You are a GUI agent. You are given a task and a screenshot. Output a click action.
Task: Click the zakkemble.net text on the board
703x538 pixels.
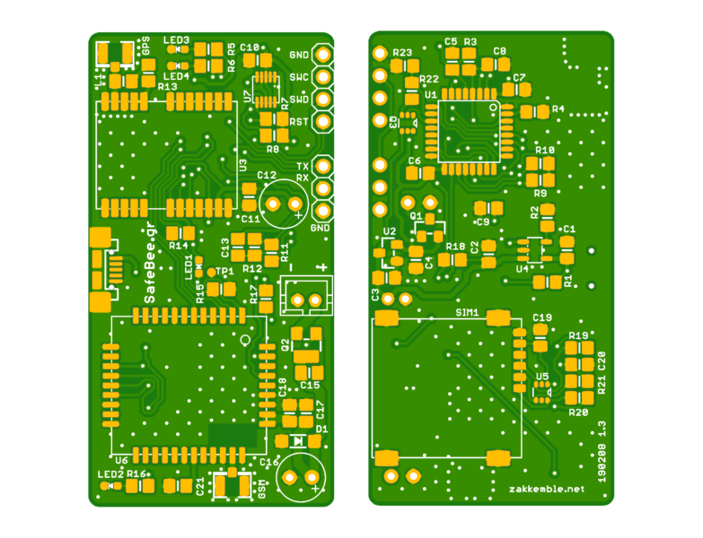coord(546,489)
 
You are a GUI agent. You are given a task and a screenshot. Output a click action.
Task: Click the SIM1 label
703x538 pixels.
coord(467,313)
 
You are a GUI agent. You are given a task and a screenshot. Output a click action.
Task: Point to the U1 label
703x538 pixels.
coord(431,94)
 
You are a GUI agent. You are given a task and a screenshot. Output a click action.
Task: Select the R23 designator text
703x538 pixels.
coord(401,54)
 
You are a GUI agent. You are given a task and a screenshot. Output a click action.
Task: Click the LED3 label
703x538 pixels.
coord(176,40)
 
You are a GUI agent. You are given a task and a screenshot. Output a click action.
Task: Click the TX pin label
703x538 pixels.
coord(303,168)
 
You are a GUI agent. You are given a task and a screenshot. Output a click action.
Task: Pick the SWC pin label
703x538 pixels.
coord(299,78)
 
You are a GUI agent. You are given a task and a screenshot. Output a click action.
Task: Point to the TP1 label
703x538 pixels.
coord(225,271)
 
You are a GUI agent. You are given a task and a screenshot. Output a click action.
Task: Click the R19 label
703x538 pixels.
coord(577,335)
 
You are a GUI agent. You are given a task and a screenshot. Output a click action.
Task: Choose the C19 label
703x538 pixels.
coord(542,317)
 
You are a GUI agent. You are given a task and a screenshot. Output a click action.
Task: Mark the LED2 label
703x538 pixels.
coord(110,473)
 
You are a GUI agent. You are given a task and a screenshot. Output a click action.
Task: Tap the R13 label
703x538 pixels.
coord(167,87)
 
